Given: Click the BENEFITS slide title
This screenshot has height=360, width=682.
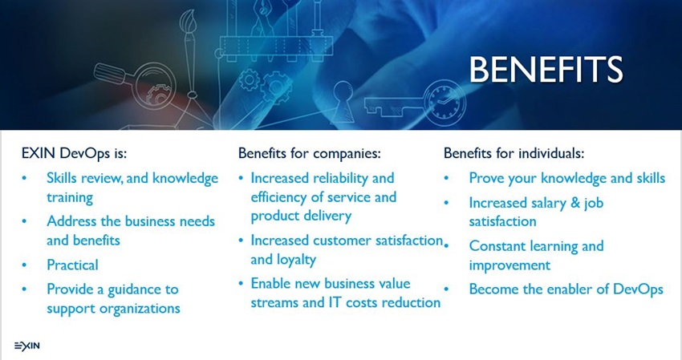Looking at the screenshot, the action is pos(546,69).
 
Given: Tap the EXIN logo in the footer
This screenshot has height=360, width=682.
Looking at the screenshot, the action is pos(27,346).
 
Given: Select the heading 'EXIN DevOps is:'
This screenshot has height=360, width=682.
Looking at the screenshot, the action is pos(74,153).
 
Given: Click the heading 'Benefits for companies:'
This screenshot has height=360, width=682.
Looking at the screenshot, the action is pos(309,153).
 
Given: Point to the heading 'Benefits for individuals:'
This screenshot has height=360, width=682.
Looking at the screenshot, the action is pos(514,153).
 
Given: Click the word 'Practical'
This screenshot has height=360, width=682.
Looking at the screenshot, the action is pos(73,265).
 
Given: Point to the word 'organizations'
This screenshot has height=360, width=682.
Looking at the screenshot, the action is pos(140,309).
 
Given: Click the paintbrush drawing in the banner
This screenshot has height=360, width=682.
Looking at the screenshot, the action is pos(189,52).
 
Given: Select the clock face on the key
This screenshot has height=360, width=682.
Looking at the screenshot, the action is pos(445,104).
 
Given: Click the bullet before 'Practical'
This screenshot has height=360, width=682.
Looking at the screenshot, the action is pos(24,265).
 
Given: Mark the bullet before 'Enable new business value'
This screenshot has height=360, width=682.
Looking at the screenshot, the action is pos(241,284).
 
